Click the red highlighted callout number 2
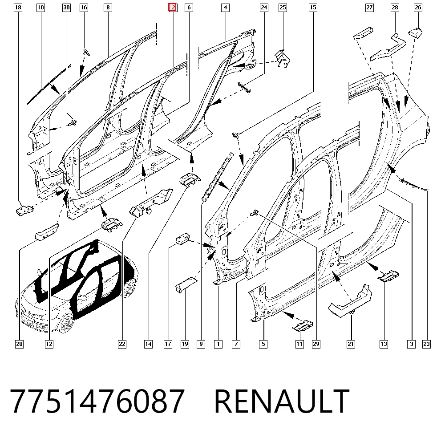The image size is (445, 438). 173,8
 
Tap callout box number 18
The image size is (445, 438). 18,8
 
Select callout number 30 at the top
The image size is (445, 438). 66,8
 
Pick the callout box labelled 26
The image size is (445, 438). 418,8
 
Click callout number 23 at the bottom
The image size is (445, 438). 426,344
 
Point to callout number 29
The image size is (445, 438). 316,344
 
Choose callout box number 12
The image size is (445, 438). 49,344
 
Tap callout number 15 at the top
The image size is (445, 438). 313,8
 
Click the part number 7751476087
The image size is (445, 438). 97,401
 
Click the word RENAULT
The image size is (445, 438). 282,401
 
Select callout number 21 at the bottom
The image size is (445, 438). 351,344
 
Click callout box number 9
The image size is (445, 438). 201,344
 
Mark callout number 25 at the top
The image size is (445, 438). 283,8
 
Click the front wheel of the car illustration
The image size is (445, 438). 66,323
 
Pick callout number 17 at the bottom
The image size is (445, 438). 168,344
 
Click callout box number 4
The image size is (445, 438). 225,8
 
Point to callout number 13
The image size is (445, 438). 384,344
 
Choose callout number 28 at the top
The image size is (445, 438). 395,8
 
